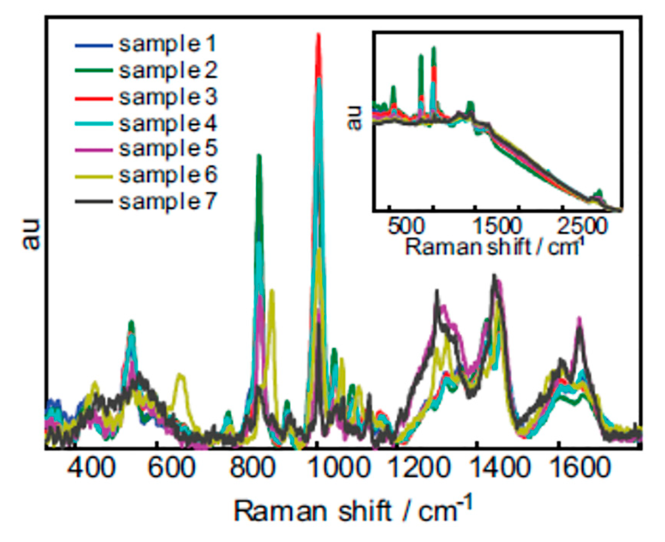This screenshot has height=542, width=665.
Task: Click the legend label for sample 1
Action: [167, 45]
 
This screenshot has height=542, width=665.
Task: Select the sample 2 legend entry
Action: [168, 71]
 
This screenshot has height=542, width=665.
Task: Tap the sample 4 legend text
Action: [168, 124]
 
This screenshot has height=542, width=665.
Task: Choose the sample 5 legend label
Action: [168, 149]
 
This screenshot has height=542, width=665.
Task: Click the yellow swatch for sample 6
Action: [94, 177]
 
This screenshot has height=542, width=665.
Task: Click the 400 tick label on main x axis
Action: [91, 468]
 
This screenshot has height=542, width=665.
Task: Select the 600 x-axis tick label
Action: [171, 468]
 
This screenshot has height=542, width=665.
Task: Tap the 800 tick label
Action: [253, 468]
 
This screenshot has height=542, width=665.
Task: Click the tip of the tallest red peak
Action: [318, 35]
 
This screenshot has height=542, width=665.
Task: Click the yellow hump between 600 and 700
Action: [181, 376]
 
